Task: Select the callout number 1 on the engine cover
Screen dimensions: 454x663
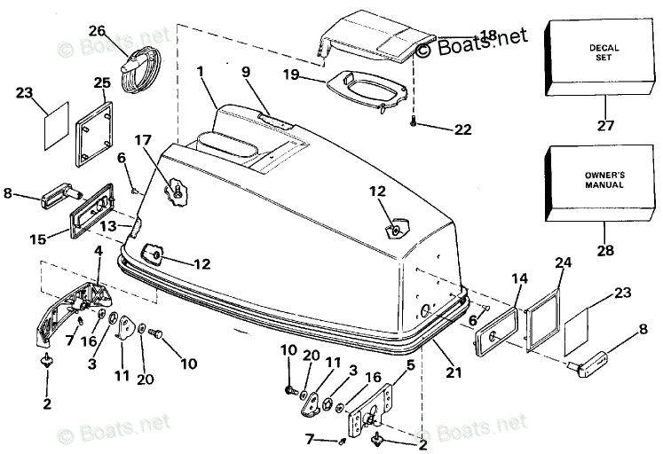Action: [x=201, y=70]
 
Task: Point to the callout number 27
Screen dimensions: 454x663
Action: [x=605, y=125]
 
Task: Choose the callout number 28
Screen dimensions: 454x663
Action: [x=605, y=250]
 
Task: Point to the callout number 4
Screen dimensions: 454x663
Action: [x=99, y=251]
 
